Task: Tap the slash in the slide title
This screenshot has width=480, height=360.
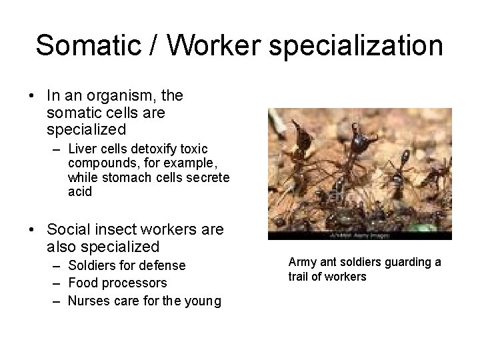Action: click(155, 45)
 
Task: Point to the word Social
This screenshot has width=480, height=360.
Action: click(69, 229)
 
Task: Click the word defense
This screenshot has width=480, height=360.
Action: click(163, 265)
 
